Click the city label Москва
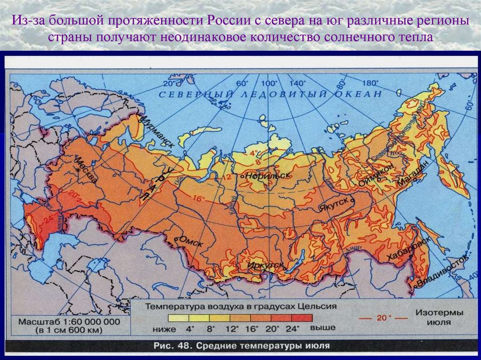coord(88,169)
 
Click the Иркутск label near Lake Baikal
coord(266,265)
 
